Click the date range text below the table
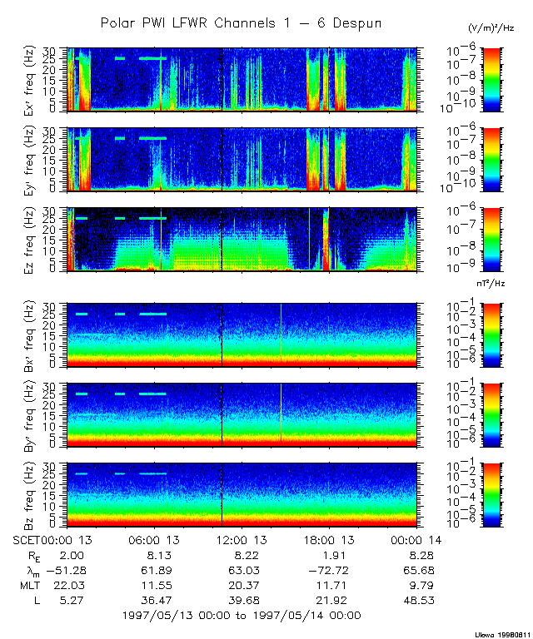241,616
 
